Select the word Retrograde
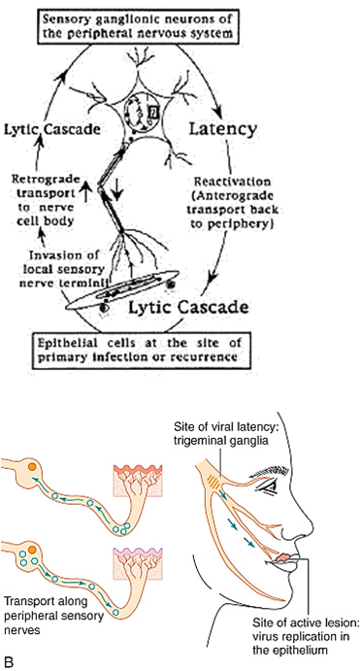(48, 179)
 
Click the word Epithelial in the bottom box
(75, 343)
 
